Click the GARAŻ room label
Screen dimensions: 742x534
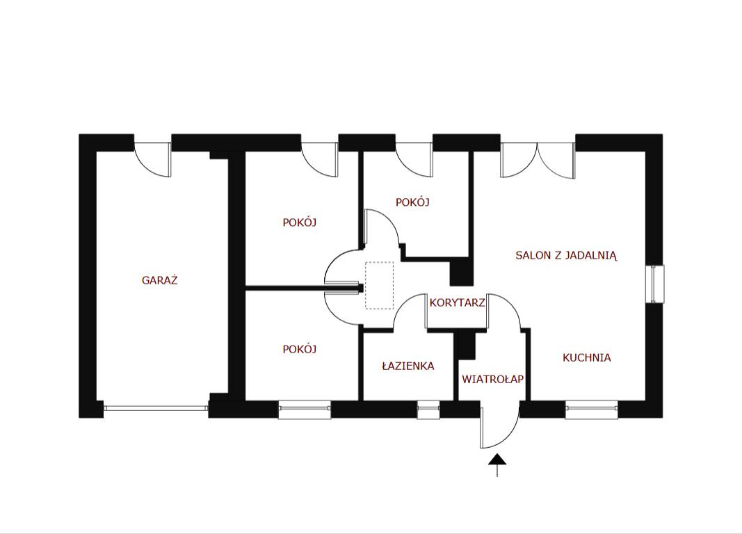(159, 280)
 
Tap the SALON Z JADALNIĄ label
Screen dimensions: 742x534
(567, 256)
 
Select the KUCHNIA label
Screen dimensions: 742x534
(587, 357)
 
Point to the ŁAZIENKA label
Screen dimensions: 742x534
(408, 366)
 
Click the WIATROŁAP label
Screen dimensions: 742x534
(492, 379)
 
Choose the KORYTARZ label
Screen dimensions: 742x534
(457, 302)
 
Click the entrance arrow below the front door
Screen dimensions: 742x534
(497, 464)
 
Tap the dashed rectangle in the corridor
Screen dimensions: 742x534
(379, 286)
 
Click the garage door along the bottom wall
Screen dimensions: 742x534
(156, 407)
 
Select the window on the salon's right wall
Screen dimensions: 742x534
(655, 284)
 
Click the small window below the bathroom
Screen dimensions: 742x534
(428, 410)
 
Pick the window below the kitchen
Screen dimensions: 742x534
(592, 410)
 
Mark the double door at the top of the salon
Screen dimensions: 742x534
(538, 159)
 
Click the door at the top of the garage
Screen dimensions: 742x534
(152, 159)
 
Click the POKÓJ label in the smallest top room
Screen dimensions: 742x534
(412, 202)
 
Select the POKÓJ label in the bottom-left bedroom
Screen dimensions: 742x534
(300, 350)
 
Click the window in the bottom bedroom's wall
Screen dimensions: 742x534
(305, 410)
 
